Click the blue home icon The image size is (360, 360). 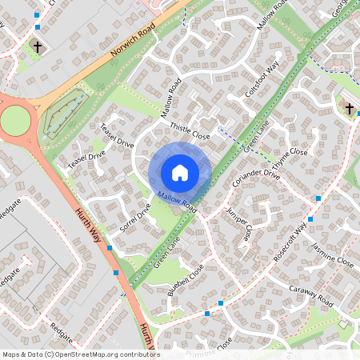click(179, 173)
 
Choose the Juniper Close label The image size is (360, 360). click(238, 224)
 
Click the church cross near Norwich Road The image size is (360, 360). click(37, 47)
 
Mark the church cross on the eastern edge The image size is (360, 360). click(348, 108)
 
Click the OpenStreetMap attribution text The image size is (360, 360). click(81, 354)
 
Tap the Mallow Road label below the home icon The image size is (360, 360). click(177, 201)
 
